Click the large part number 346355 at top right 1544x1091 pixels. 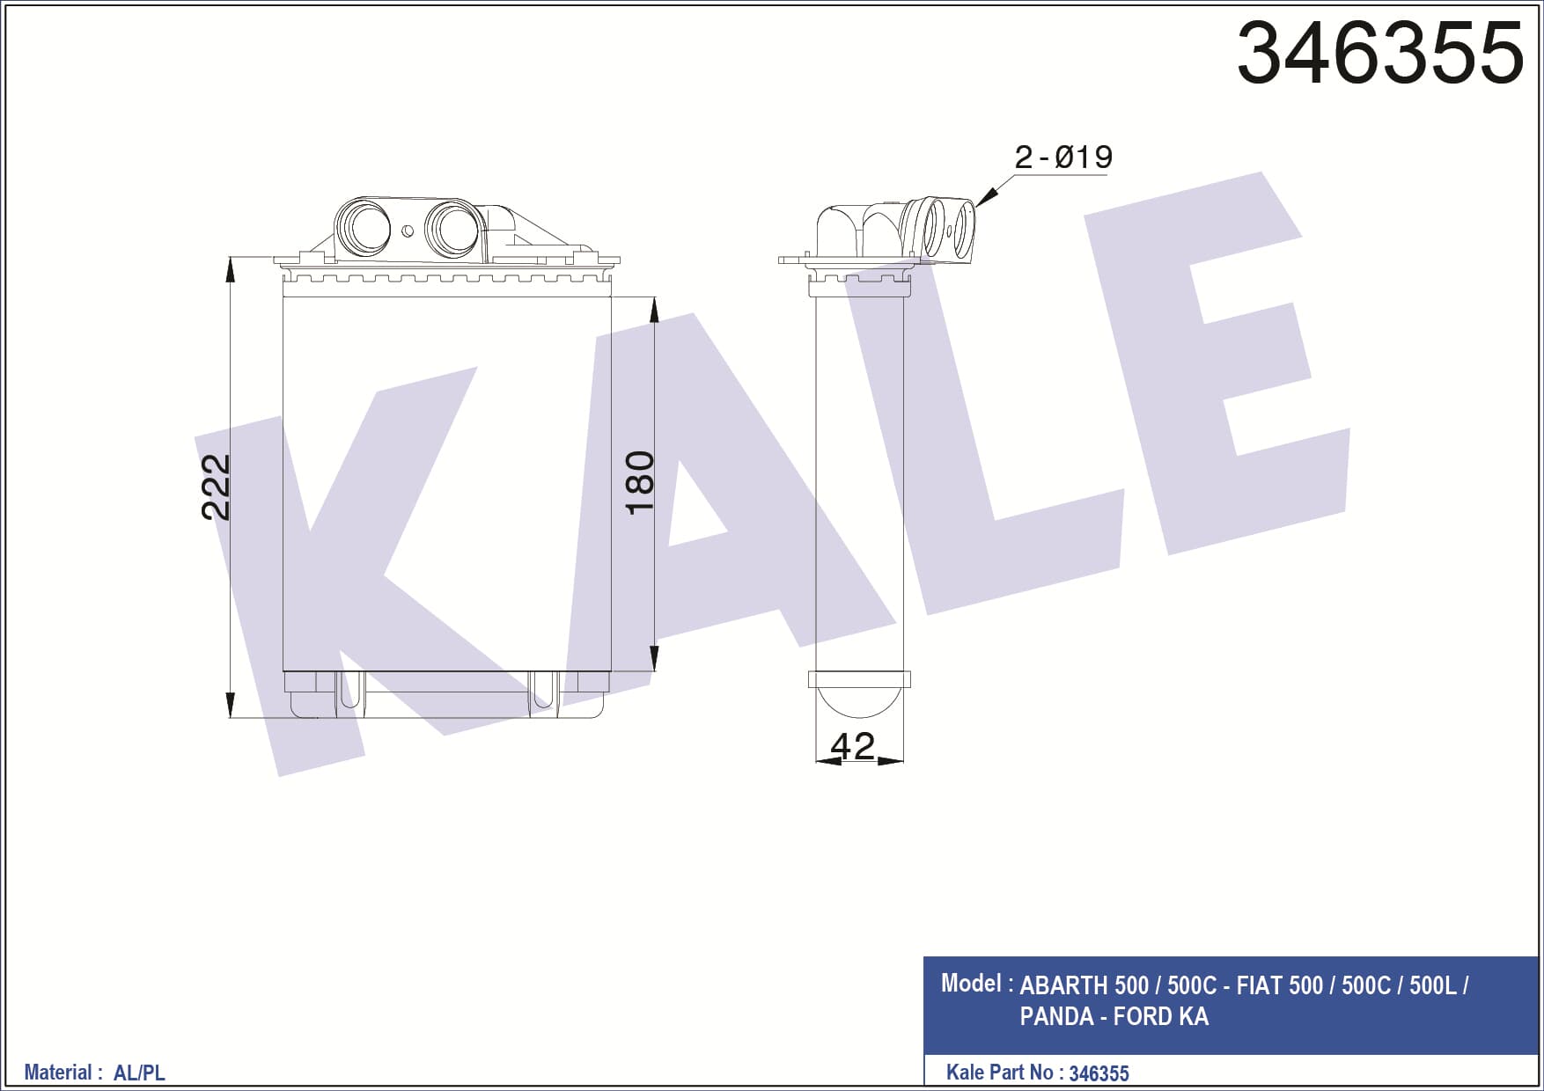coord(1379,53)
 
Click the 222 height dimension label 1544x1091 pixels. coord(216,487)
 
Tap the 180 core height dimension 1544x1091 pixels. coord(640,482)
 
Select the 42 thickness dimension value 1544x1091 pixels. coord(852,746)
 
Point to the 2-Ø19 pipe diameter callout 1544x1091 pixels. coord(1063,157)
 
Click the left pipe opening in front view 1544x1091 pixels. coord(362,227)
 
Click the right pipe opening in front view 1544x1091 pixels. coord(452,229)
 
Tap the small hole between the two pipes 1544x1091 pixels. coord(408,231)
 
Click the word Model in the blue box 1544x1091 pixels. coord(971,983)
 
